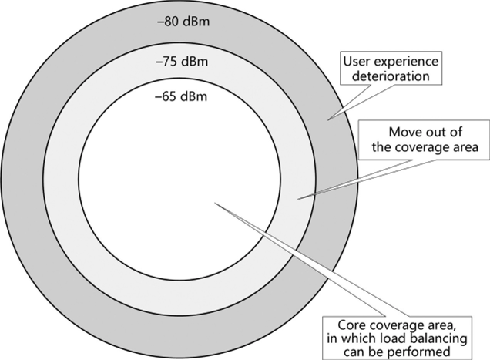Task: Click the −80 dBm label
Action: coord(183,22)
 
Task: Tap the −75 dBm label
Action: coord(182,62)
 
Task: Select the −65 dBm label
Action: coord(181,96)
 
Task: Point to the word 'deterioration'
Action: coord(391,76)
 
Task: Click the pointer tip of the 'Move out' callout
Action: coord(297,199)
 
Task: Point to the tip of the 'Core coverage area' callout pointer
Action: coord(215,203)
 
